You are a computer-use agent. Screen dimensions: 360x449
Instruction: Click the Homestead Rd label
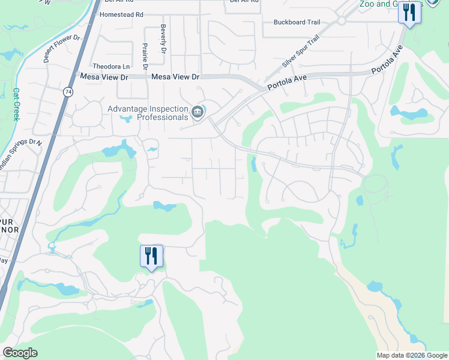(x=121, y=14)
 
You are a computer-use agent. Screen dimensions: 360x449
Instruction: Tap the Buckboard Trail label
(x=297, y=22)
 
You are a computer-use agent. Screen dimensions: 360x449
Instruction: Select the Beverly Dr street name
(x=163, y=39)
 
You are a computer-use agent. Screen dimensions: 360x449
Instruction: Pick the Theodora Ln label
(x=110, y=67)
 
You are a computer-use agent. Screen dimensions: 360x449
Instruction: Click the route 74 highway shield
(x=67, y=92)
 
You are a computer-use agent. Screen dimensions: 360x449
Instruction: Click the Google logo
(x=20, y=353)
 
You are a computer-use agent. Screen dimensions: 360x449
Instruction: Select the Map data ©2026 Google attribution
(x=412, y=355)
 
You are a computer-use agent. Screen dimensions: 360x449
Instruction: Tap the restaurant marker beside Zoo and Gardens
(x=409, y=12)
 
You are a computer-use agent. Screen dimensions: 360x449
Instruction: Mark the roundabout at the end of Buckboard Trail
(x=342, y=20)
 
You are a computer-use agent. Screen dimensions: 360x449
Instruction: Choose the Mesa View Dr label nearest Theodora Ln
(x=104, y=77)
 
